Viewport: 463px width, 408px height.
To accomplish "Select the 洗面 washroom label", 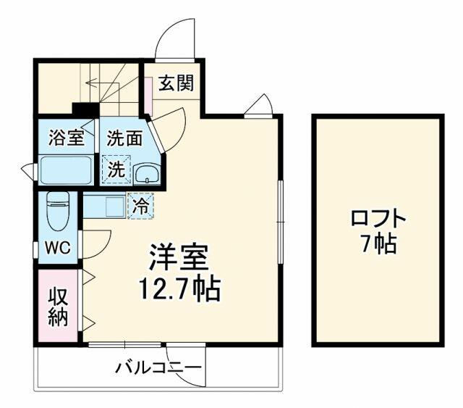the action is coord(124,138).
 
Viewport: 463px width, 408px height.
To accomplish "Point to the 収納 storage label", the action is coord(59,307).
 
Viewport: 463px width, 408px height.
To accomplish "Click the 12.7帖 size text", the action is coord(179,288).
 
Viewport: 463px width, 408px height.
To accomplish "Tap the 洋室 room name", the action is coord(179,257).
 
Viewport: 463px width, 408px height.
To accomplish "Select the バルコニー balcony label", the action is coord(158,368).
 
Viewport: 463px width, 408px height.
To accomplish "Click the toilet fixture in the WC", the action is coord(58,211).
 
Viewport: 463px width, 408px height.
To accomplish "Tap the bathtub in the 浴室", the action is coord(66,170).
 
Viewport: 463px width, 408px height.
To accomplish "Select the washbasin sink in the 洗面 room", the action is coord(147,174).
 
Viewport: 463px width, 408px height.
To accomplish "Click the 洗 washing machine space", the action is coord(116,170).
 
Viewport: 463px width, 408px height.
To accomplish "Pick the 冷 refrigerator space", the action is coord(140,206).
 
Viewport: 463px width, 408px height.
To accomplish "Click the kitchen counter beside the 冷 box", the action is coord(105,205).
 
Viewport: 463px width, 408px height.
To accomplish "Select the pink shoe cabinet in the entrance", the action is coord(148,96).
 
